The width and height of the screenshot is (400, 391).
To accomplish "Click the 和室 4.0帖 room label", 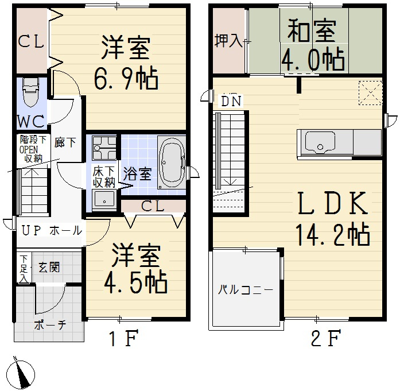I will [312, 45].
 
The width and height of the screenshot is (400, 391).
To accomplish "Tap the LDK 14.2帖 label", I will [332, 218].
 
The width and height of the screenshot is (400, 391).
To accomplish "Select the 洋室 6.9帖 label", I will [126, 63].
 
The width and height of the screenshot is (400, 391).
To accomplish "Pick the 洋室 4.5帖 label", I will [135, 269].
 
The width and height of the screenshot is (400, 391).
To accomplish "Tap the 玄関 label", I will [49, 267].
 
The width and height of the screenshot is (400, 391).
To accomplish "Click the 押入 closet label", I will [228, 41].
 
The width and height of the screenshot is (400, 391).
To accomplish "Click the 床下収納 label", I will [104, 177].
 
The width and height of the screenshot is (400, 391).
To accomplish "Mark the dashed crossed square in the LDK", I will [370, 92].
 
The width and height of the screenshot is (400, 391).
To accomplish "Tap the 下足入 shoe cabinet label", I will [23, 269].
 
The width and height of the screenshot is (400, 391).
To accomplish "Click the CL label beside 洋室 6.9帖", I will [31, 41].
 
